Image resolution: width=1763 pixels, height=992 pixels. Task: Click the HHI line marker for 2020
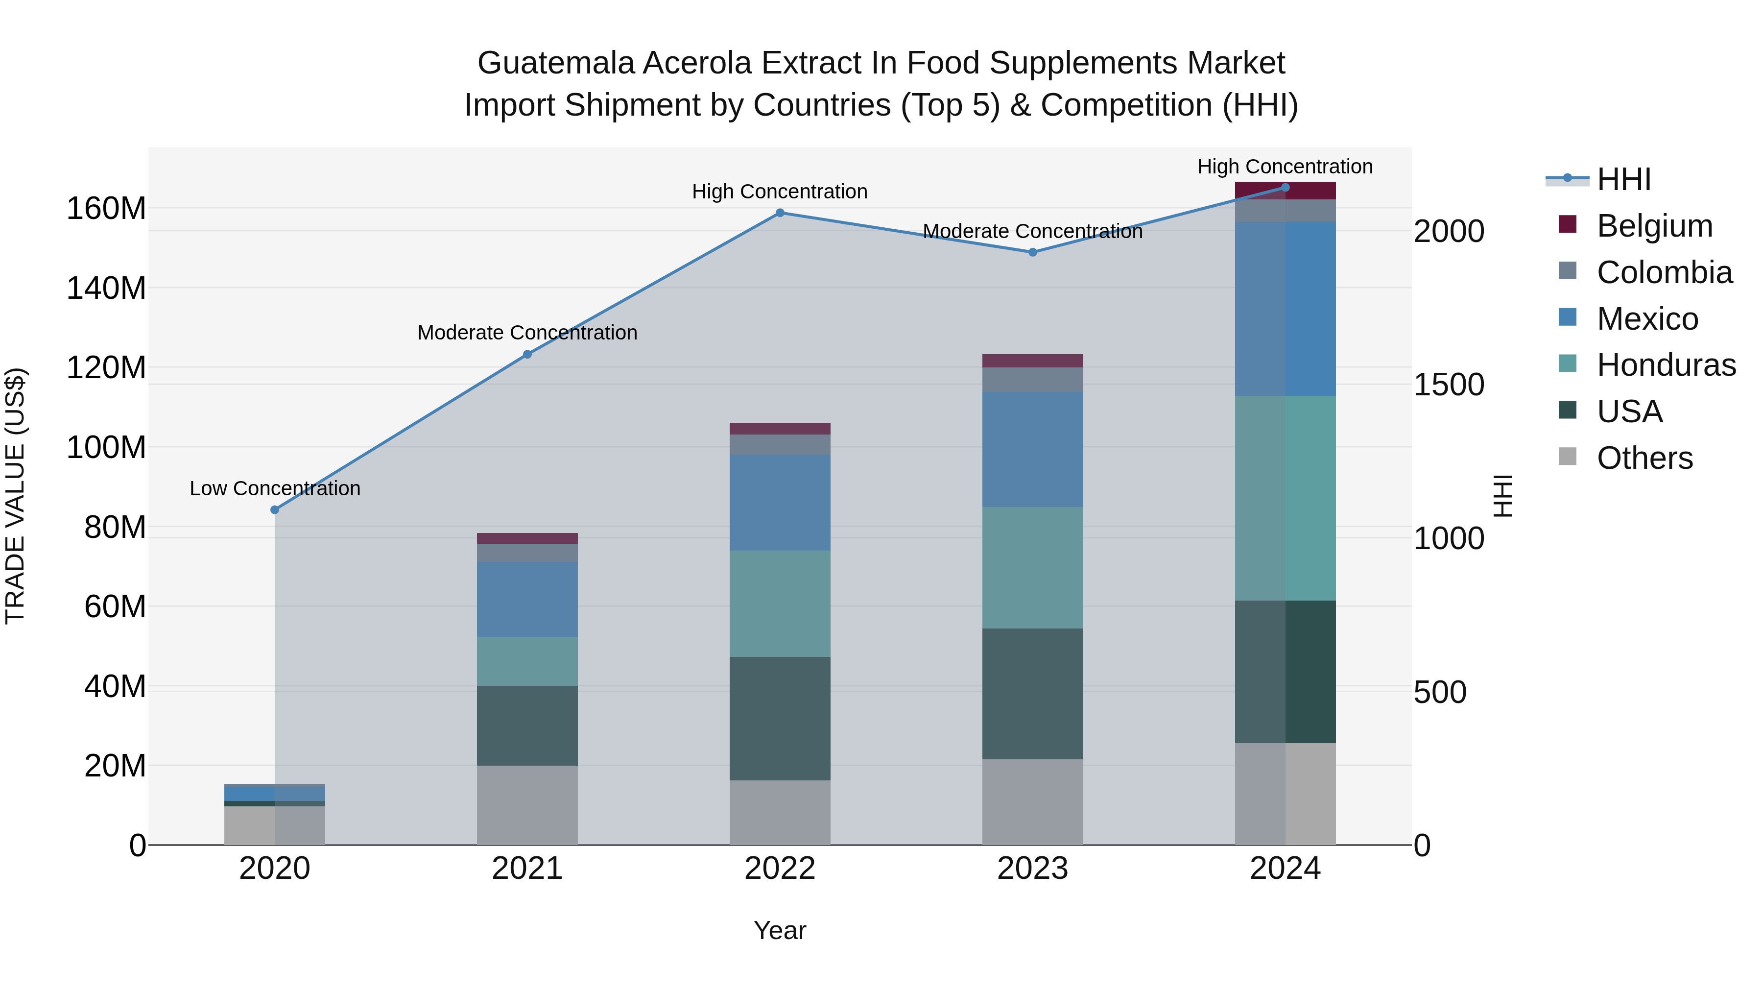[x=274, y=510]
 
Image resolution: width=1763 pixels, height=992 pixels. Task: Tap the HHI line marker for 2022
[x=780, y=213]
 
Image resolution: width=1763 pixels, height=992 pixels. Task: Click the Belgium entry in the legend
[x=1654, y=226]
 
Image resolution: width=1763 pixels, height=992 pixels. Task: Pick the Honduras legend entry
[x=1666, y=365]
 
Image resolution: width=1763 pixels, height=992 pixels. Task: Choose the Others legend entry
[x=1644, y=458]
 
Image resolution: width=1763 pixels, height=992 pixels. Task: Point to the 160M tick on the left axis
[x=106, y=208]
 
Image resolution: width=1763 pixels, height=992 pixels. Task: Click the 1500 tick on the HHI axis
[x=1449, y=385]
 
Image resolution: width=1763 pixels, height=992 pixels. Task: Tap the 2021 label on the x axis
[x=527, y=869]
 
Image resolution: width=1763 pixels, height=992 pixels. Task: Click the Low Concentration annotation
[x=274, y=489]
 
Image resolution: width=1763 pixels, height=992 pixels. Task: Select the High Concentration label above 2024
[x=1285, y=167]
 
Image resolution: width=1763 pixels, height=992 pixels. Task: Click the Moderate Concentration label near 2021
[x=527, y=333]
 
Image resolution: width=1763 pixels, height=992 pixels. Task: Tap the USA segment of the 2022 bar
[x=780, y=718]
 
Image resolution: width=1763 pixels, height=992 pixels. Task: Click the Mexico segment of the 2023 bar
[x=1033, y=449]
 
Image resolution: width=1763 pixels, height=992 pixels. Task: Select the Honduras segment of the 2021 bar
[x=527, y=661]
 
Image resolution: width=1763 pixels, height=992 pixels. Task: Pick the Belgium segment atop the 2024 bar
[x=1285, y=191]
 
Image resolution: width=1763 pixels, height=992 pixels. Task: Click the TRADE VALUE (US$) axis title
[x=15, y=496]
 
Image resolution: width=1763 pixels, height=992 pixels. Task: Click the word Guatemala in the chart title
[x=556, y=63]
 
